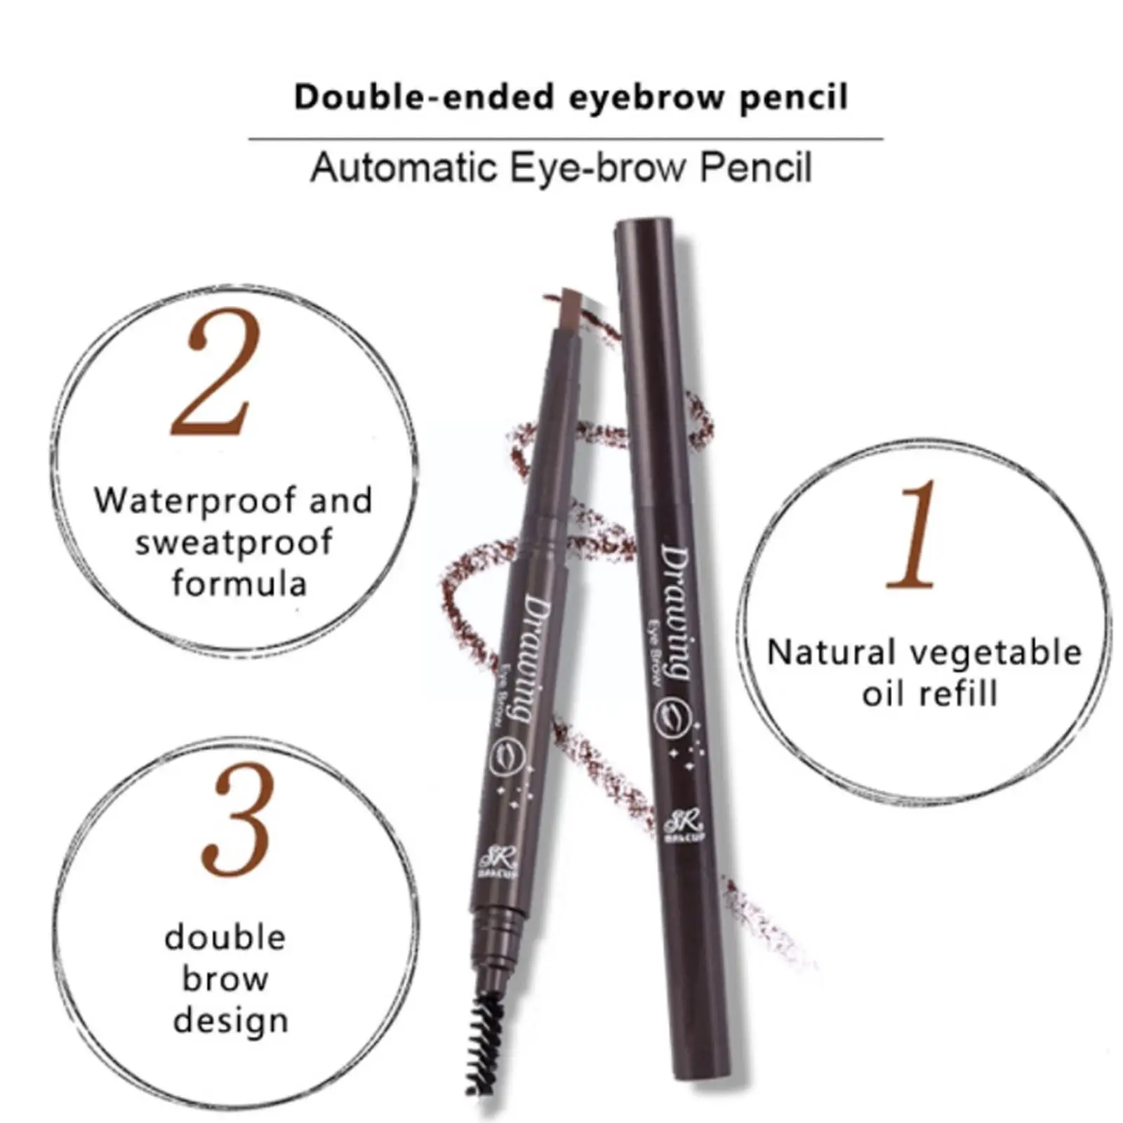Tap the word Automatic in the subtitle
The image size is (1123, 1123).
coord(404,168)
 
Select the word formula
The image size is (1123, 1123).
coord(239,583)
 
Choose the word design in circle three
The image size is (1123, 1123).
coord(231,1021)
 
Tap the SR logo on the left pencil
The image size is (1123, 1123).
coord(489,861)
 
